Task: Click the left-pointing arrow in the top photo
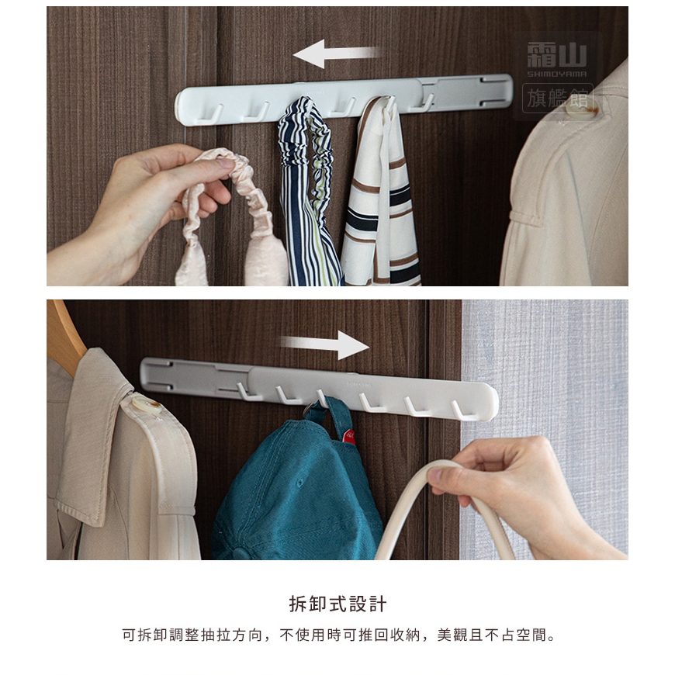pos(336,54)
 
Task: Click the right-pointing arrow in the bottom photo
pos(325,344)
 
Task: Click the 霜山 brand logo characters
pos(556,54)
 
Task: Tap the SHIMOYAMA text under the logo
pos(556,74)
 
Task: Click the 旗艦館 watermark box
pos(558,99)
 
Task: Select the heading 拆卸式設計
pos(337,604)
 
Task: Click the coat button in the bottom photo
pos(147,405)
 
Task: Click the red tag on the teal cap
pos(348,437)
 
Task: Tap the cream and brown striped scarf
pos(381,194)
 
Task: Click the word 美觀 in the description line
pos(452,635)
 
